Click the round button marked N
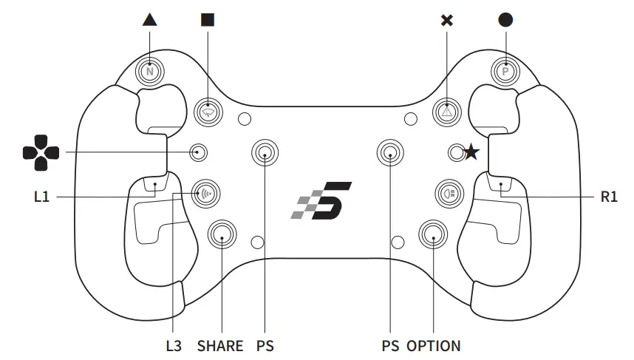(150, 71)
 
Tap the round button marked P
(505, 71)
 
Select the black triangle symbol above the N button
(150, 20)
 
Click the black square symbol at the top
(208, 20)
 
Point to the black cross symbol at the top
(446, 20)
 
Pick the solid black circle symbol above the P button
(505, 20)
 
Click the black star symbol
(471, 153)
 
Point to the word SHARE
(220, 345)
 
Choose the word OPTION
(434, 345)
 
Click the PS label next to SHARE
(265, 345)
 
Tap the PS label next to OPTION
(390, 345)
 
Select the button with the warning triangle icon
(446, 112)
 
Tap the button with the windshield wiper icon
(208, 112)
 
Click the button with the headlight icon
(447, 194)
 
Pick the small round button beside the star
(456, 152)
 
